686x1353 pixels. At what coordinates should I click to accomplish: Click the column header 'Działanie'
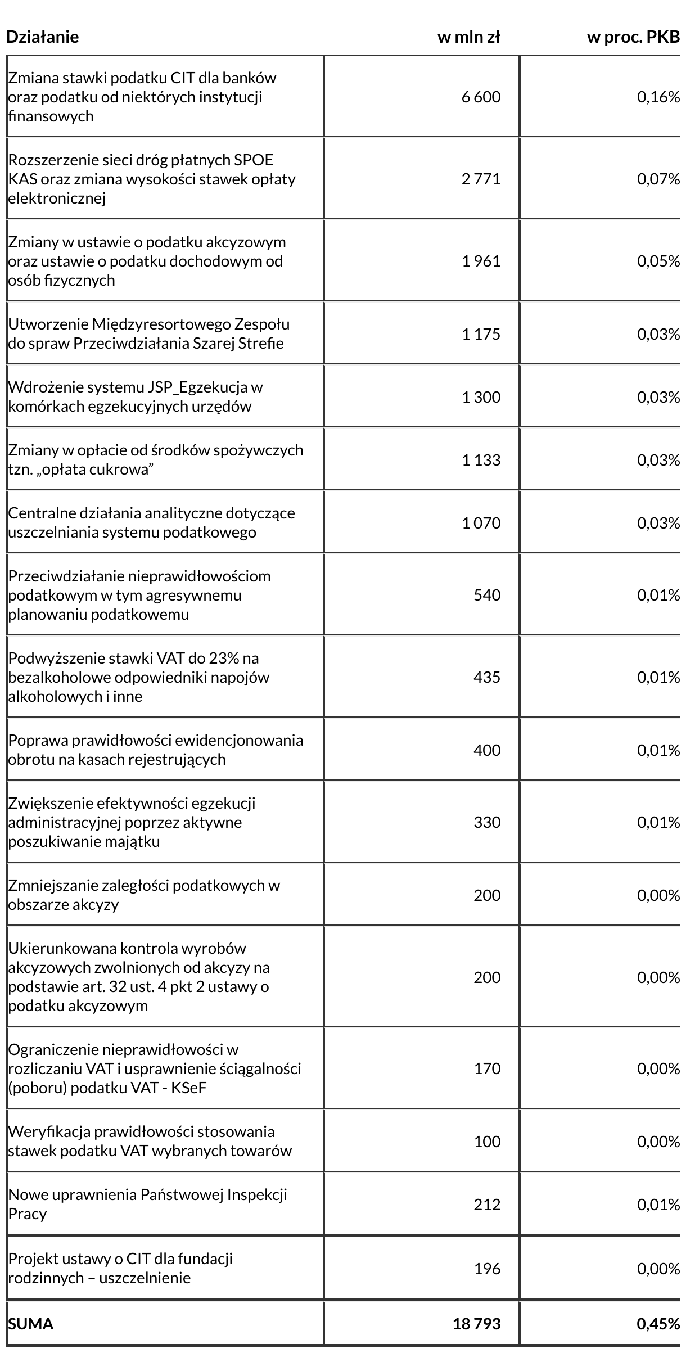[x=42, y=37]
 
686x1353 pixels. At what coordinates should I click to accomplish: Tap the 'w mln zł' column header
[x=468, y=37]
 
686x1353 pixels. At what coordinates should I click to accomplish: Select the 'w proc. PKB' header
[x=633, y=37]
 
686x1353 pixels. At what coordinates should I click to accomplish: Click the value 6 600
[x=481, y=97]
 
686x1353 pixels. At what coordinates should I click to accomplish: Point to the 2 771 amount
[x=481, y=179]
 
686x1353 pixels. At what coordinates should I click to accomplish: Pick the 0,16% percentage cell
[x=658, y=97]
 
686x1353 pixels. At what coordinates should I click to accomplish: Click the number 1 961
[x=481, y=261]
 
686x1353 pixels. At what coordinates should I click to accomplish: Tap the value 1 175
[x=481, y=334]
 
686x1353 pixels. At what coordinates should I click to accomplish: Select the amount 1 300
[x=481, y=397]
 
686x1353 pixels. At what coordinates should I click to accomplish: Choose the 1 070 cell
[x=481, y=523]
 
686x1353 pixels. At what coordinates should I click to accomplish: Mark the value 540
[x=486, y=595]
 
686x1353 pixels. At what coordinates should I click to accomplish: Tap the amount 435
[x=486, y=677]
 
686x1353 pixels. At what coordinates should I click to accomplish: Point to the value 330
[x=486, y=823]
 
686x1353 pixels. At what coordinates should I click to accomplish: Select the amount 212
[x=486, y=1205]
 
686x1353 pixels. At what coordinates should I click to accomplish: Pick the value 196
[x=486, y=1269]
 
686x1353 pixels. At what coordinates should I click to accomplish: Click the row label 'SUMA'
[x=30, y=1324]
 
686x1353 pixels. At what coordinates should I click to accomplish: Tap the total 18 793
[x=476, y=1324]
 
